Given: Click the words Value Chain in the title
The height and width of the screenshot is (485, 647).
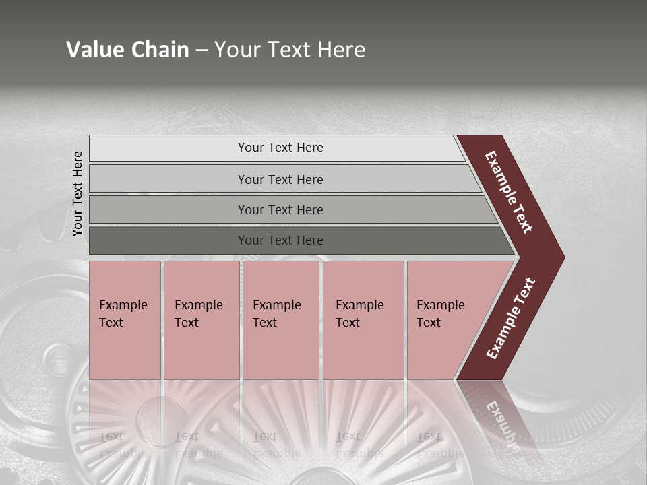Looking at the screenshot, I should tap(127, 50).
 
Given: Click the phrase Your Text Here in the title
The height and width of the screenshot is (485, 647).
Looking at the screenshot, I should tap(290, 50).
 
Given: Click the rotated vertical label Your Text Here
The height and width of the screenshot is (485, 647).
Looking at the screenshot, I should tap(78, 193).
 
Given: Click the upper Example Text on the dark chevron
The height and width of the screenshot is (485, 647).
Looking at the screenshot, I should tap(509, 192).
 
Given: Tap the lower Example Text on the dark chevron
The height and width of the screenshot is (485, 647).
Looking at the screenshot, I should tap(511, 319).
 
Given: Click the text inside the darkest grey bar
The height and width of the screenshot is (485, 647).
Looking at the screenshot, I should tap(280, 240).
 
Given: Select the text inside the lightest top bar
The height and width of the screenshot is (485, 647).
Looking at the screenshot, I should tap(280, 148).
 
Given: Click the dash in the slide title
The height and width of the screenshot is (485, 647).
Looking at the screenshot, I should tap(202, 51).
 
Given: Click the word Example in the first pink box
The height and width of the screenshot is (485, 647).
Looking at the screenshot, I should tap(123, 305).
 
